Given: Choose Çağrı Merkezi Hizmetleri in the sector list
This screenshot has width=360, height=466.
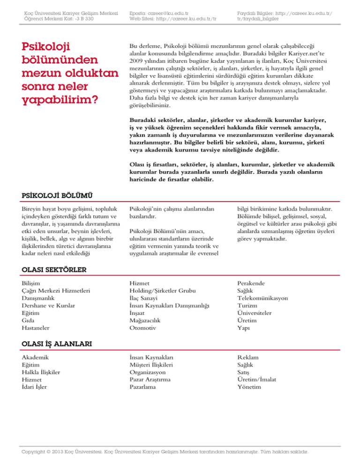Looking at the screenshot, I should [x=55, y=291].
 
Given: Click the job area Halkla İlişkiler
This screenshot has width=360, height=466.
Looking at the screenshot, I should [x=44, y=372].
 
